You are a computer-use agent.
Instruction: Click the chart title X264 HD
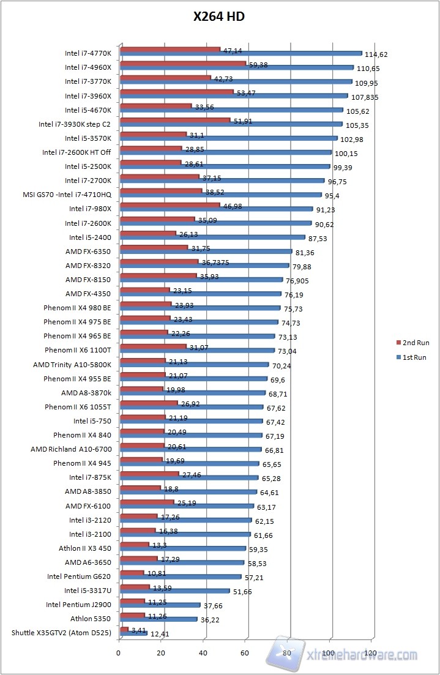pos(219,17)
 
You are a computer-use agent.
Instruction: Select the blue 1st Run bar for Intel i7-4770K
pos(241,53)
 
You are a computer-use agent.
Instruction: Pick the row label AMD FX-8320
pos(88,265)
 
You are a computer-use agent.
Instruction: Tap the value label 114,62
pos(376,54)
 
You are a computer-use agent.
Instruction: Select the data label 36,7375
pos(215,262)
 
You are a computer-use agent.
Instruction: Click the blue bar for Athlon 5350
pos(159,619)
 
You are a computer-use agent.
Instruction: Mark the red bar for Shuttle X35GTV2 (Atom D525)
pos(124,628)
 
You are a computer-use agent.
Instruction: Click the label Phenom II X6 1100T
pos(78,350)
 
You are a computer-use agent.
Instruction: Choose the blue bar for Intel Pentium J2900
pos(160,605)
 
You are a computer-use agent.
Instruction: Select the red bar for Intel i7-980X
pos(170,205)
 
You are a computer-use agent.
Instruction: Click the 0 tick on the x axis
pos(119,652)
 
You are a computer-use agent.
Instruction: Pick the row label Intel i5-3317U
pos(88,591)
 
